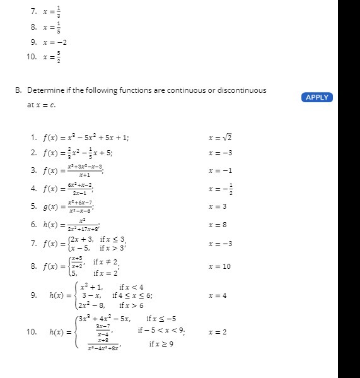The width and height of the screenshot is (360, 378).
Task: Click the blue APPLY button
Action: tap(316, 97)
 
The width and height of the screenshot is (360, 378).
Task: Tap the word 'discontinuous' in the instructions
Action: tap(242, 90)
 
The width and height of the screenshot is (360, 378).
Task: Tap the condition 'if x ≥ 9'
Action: tap(161, 344)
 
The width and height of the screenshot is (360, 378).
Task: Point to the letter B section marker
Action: tap(18, 90)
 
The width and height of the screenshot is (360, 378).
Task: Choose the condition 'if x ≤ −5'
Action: tap(161, 319)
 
